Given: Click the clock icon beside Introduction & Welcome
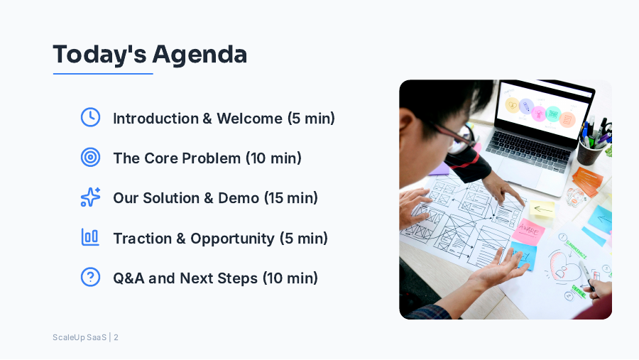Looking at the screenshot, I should click(x=90, y=118).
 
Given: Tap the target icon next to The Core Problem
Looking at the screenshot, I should click(x=90, y=158).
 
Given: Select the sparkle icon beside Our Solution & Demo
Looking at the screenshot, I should click(x=90, y=197).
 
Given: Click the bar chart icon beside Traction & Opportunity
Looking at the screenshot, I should click(x=90, y=237).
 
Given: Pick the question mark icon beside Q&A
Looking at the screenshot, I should click(x=90, y=277).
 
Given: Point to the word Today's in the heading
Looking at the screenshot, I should click(x=99, y=54).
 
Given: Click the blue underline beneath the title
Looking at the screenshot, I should click(x=103, y=73).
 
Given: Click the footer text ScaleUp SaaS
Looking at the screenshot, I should click(x=79, y=337).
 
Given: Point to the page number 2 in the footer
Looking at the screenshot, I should click(x=116, y=337).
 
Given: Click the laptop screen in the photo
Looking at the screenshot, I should click(x=543, y=111).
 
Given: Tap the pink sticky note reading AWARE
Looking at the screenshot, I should click(x=529, y=229).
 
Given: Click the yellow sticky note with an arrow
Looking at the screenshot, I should click(x=542, y=209).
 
